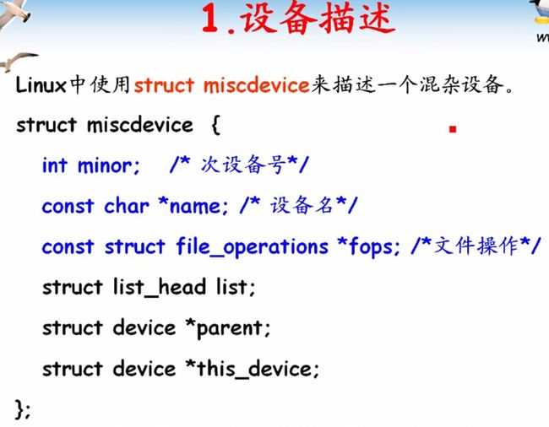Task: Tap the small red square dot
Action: point(453,129)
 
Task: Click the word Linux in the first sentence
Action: point(41,84)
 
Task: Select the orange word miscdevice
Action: point(256,85)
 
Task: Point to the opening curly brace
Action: point(215,125)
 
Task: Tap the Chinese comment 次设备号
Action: point(244,165)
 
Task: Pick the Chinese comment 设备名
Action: point(302,205)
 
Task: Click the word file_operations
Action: point(252,247)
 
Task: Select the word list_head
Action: point(160,288)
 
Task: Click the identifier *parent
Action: point(228,329)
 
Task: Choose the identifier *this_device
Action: point(253,370)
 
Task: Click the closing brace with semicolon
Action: point(23,410)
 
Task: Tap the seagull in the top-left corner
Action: point(14,14)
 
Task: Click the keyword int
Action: point(55,165)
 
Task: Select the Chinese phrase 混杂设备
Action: point(462,85)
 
